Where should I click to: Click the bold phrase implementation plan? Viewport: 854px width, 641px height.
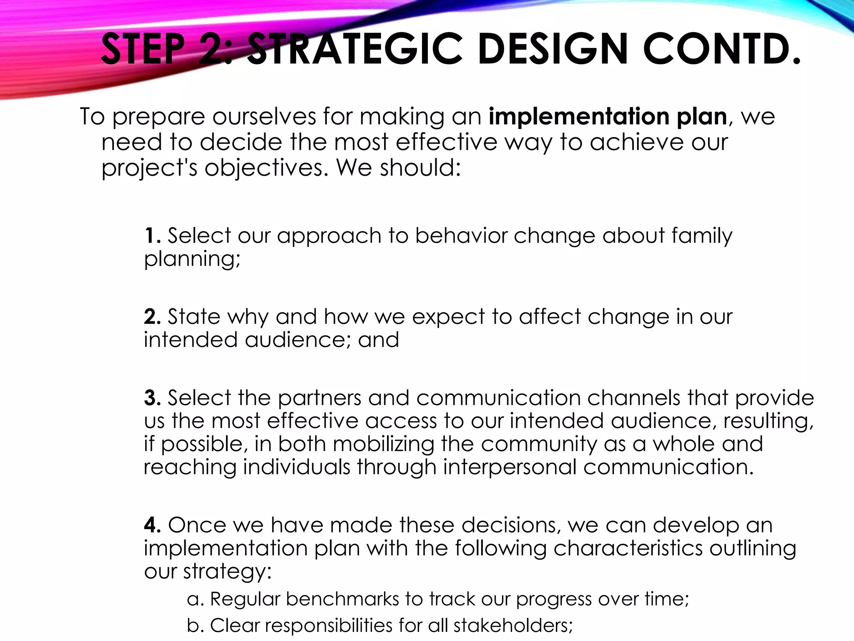[608, 116]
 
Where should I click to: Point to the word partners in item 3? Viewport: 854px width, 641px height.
[319, 398]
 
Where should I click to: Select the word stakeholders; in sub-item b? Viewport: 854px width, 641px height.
[513, 625]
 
